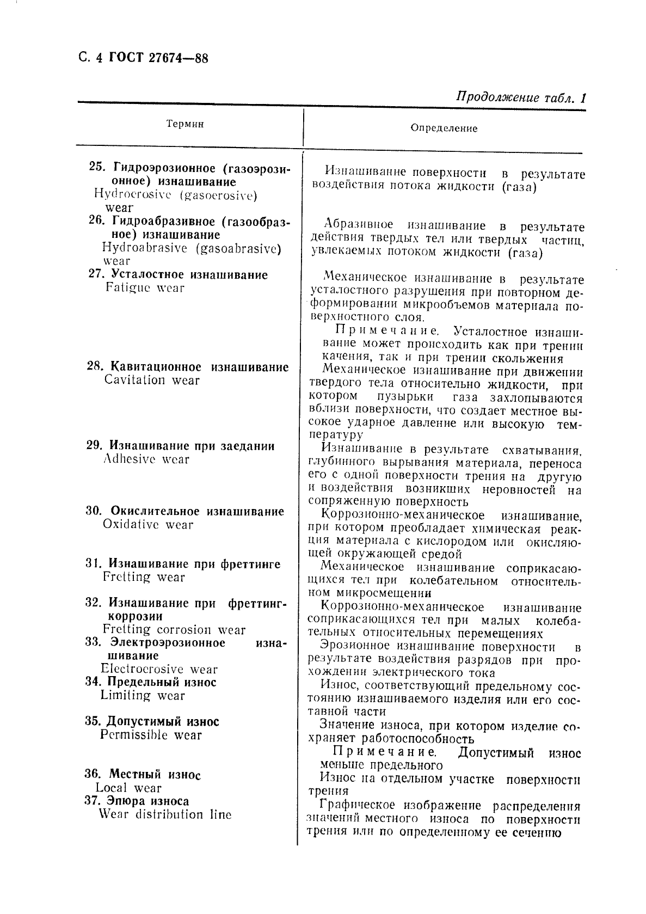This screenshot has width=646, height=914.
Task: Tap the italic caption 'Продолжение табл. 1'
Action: pos(520,98)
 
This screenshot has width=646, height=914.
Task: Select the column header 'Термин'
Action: pos(185,124)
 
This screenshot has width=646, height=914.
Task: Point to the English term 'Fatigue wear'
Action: pos(145,288)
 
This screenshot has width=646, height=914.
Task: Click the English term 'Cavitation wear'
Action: pos(152,380)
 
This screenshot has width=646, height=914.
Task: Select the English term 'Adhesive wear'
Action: pos(146,459)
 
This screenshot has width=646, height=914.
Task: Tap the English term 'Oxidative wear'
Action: pos(148,525)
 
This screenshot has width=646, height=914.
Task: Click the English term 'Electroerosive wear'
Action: pos(159,669)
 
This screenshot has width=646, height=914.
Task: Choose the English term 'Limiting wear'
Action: pos(143,695)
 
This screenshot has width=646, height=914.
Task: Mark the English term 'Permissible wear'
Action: pos(151,735)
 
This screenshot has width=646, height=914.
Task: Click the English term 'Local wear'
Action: pos(128,788)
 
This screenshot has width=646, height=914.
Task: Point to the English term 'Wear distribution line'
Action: pos(165,814)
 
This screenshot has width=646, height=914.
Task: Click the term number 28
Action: pos(94,367)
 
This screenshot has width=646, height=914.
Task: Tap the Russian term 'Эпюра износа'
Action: pos(147,801)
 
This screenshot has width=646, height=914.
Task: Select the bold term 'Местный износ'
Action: pos(155,774)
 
